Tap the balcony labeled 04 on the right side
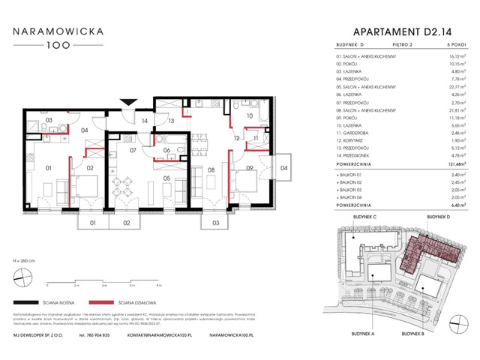pos(283,168)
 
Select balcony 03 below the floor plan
pos(216,223)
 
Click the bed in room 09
pos(248,178)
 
